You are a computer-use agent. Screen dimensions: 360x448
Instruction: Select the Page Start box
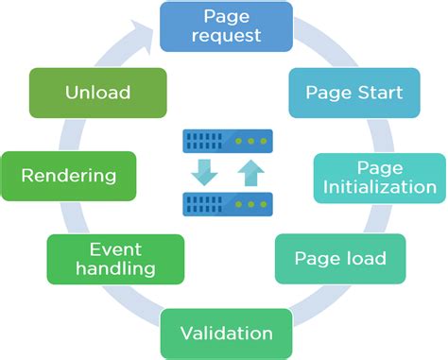[x=354, y=93]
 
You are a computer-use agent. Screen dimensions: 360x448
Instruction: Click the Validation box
[x=227, y=333]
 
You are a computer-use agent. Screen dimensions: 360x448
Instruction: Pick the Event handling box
[x=102, y=258]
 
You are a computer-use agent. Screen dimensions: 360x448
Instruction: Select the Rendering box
[x=69, y=176]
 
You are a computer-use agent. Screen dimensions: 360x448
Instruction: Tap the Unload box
[x=97, y=93]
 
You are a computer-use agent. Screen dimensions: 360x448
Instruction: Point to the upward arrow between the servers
[x=250, y=173]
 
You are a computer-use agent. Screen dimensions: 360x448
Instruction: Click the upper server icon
[x=227, y=142]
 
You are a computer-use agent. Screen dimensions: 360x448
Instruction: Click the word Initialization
[x=380, y=186]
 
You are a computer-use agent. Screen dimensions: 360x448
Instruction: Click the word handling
[x=102, y=268]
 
